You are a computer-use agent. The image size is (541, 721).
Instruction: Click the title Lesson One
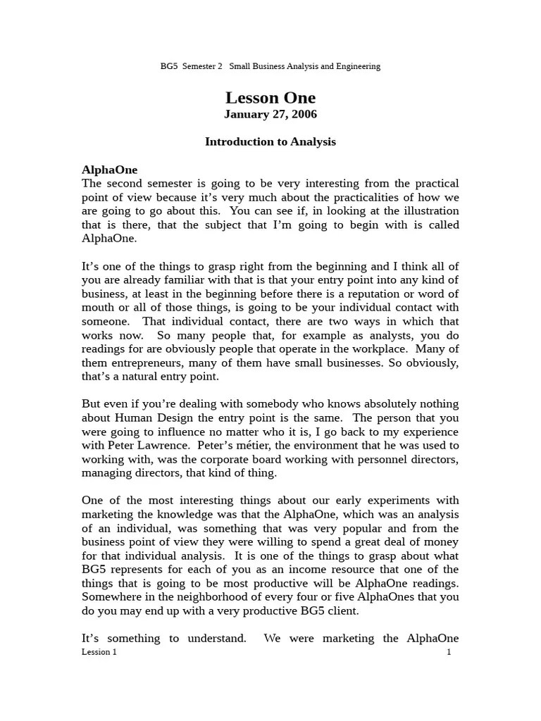pos(270,98)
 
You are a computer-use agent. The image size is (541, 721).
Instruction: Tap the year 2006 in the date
pos(302,114)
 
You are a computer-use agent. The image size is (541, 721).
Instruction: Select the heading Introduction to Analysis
pos(270,142)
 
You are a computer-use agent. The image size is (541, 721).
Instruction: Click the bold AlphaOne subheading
pos(110,170)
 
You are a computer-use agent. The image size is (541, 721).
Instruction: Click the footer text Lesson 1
pos(99,652)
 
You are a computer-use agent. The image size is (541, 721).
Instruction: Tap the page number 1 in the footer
pos(449,652)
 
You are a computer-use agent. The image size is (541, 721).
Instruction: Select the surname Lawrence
pos(163,445)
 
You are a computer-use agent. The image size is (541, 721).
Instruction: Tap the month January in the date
pos(249,114)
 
